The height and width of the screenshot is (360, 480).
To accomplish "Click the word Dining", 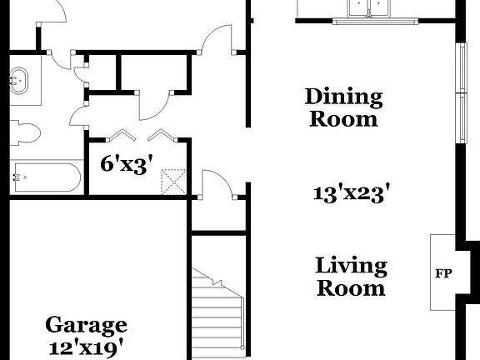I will (x=343, y=97).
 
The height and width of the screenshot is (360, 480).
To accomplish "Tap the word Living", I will (x=351, y=267).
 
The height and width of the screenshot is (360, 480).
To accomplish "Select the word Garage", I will (x=86, y=324).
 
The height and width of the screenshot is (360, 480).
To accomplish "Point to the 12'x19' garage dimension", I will (x=86, y=344).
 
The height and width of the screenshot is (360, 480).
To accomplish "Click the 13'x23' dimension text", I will (x=352, y=194).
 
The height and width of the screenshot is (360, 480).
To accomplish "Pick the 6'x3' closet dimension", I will (x=124, y=163).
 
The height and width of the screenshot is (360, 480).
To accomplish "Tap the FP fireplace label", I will (x=443, y=272).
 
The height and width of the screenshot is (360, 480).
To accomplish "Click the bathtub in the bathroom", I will (x=46, y=177).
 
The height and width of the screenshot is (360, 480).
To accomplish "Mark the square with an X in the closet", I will (x=172, y=182).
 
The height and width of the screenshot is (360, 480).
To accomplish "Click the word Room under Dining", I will (x=343, y=118).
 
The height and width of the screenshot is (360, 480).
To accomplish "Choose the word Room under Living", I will (x=351, y=289).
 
